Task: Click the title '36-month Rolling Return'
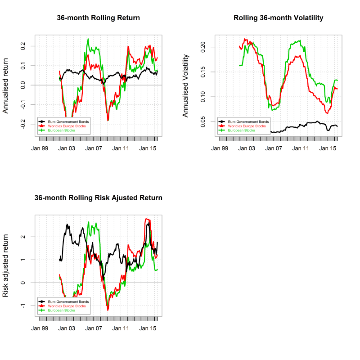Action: point(98,18)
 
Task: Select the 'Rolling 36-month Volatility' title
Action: point(279,18)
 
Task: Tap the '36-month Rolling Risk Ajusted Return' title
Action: point(99,198)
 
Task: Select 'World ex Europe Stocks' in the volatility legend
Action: point(248,126)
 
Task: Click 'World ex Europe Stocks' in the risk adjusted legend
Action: point(68,306)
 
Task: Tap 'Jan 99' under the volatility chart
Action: point(219,148)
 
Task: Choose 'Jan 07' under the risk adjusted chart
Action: point(94,328)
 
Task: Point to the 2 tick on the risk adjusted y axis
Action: point(22,237)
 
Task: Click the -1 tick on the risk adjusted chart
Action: point(22,306)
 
